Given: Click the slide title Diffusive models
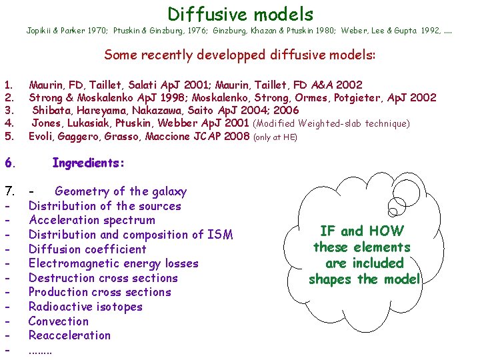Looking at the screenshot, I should tap(240, 13).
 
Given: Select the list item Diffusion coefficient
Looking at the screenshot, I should tap(87, 249).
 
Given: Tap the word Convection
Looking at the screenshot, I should tap(59, 321).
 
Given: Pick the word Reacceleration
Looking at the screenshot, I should tap(69, 335).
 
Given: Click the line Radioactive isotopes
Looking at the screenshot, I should tap(85, 307).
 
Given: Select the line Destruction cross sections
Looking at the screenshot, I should tap(103, 278).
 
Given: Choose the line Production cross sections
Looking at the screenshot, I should tap(100, 292).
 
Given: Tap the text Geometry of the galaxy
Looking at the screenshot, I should tap(121, 191).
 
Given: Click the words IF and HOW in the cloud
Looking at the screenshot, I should tap(362, 231).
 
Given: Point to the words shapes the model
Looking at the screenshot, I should tap(364, 279).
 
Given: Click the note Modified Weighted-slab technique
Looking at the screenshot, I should tap(331, 123).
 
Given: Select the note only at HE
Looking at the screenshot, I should tap(275, 137).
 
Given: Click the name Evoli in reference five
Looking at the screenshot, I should tap(42, 137).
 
